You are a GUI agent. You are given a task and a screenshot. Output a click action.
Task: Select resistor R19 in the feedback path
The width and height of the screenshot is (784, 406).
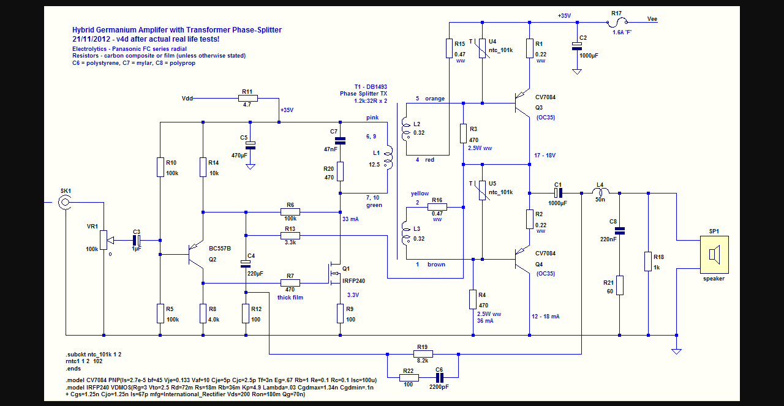coord(423,354)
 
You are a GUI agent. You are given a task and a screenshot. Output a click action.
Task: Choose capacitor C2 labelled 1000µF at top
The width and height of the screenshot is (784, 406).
coord(576,46)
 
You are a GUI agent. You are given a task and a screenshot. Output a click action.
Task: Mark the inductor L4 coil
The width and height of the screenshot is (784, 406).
coord(600,193)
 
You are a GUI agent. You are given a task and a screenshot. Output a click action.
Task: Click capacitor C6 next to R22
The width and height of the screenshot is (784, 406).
coord(439,377)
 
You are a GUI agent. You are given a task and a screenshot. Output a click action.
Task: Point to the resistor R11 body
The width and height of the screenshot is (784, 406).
coord(247,98)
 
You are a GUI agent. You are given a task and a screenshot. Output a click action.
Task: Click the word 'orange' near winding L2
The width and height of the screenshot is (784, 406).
coord(435,99)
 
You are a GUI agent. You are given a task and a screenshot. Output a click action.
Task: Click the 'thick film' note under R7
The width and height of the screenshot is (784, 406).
coord(291,297)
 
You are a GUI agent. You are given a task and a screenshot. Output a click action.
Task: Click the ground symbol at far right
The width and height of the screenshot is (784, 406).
coord(676,351)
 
